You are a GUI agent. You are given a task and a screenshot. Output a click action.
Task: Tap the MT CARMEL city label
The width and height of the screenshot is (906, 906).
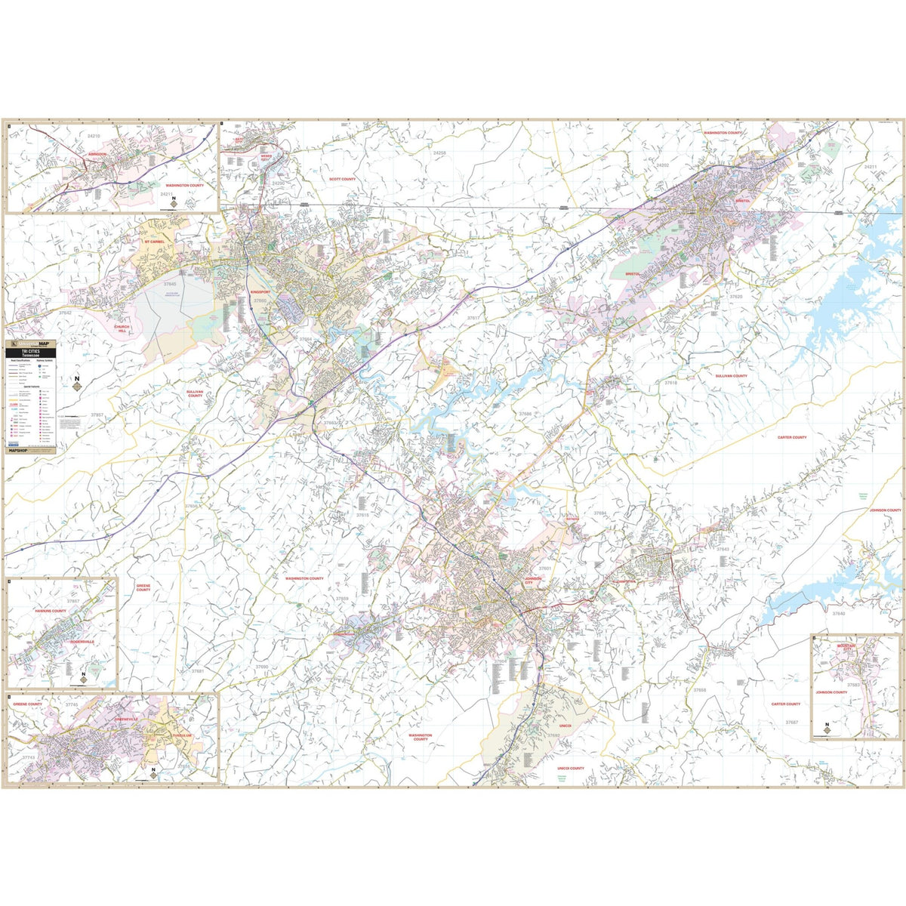click(x=154, y=242)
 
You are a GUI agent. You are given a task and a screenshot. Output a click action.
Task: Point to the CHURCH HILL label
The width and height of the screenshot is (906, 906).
click(x=122, y=329)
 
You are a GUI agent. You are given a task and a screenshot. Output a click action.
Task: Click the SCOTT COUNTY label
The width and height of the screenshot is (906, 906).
click(x=342, y=180)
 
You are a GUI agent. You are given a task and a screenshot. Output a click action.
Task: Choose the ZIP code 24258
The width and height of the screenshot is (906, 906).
click(x=439, y=153)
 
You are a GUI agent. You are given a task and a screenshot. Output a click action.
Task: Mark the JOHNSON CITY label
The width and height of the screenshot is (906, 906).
click(x=532, y=581)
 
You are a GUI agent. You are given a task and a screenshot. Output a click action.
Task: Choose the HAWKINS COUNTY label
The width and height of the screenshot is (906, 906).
click(x=50, y=611)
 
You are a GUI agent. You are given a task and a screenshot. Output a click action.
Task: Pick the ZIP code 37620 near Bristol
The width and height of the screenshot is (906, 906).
click(x=735, y=297)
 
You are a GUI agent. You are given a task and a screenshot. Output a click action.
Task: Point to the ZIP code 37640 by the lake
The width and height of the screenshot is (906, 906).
click(x=839, y=614)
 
